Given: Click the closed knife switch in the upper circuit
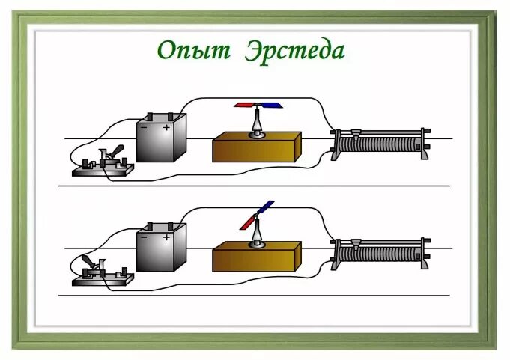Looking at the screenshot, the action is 104,161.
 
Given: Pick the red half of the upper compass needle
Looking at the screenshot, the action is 245,106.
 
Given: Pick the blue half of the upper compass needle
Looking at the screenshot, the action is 268,106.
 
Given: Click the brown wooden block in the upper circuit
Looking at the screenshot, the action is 256,148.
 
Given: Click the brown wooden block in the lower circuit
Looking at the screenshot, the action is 256,257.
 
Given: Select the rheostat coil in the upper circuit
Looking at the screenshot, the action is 382,144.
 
